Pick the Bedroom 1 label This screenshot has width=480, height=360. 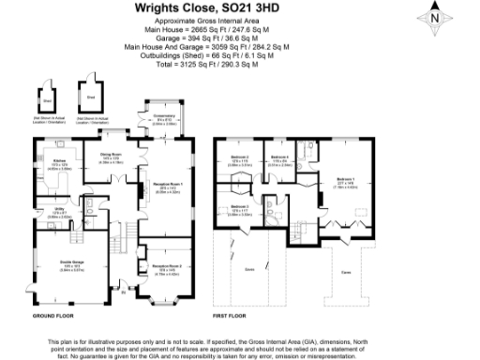tap(346, 179)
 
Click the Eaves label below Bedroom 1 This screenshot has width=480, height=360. tap(346, 272)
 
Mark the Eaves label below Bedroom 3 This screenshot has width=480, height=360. tap(249, 268)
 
